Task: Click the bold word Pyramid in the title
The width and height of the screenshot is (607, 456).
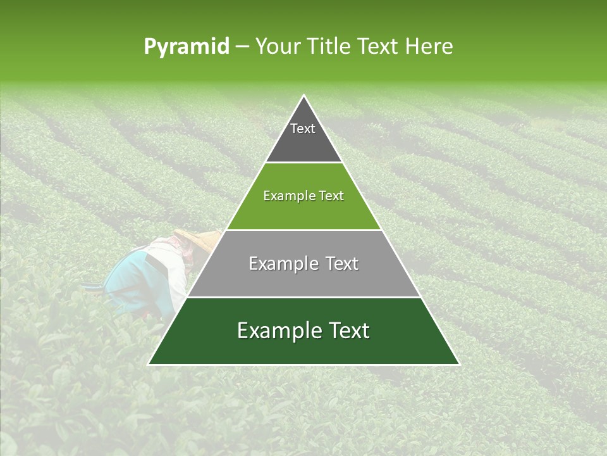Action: coord(186,47)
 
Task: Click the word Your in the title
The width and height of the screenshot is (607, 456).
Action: coord(277,47)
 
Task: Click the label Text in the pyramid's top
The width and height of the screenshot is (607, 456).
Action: coord(302,129)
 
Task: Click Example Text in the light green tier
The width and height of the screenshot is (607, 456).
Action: coord(303,196)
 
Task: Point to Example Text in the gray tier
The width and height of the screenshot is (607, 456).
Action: coord(303,263)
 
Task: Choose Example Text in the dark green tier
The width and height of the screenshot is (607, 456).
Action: coord(303,331)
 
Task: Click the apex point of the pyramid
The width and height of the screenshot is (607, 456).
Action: coord(303,96)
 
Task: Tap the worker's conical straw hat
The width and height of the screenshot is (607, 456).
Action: coord(200,239)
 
